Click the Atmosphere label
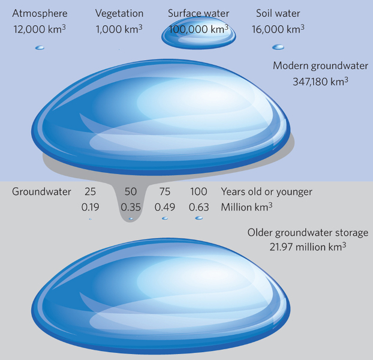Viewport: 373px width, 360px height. pyautogui.click(x=40, y=13)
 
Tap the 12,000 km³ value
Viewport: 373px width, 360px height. pyautogui.click(x=40, y=29)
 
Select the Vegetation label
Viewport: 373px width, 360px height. pyautogui.click(x=119, y=13)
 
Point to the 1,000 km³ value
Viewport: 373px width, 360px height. pyautogui.click(x=119, y=29)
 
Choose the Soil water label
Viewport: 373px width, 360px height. pyautogui.click(x=278, y=13)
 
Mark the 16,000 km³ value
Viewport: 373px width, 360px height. pyautogui.click(x=278, y=29)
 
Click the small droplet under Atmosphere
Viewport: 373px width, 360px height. pyautogui.click(x=40, y=47)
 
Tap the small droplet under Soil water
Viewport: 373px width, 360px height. pyautogui.click(x=278, y=47)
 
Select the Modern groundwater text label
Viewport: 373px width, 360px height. pyautogui.click(x=320, y=66)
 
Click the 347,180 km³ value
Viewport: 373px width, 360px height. pyautogui.click(x=320, y=81)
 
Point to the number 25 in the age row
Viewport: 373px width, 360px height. pyautogui.click(x=90, y=192)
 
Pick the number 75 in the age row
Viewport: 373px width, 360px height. pyautogui.click(x=165, y=192)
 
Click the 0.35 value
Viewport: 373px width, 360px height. pyautogui.click(x=130, y=207)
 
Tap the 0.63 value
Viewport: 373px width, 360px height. pyautogui.click(x=198, y=207)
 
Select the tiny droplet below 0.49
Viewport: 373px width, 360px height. pyautogui.click(x=165, y=218)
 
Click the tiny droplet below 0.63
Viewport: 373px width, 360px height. pyautogui.click(x=198, y=218)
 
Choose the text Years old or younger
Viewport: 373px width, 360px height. pyautogui.click(x=266, y=192)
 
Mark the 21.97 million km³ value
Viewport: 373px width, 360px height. pyautogui.click(x=308, y=247)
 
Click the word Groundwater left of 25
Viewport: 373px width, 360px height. pyautogui.click(x=41, y=192)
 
